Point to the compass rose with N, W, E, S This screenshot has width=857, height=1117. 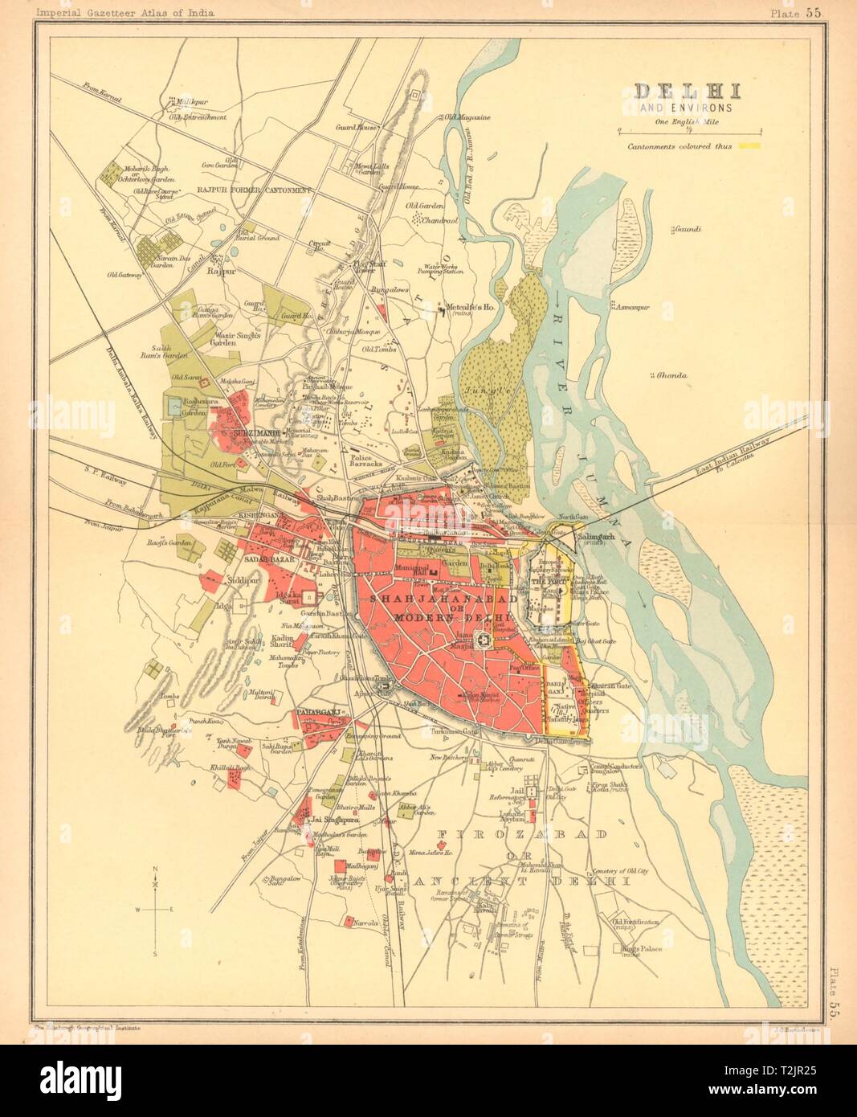[155, 909]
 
